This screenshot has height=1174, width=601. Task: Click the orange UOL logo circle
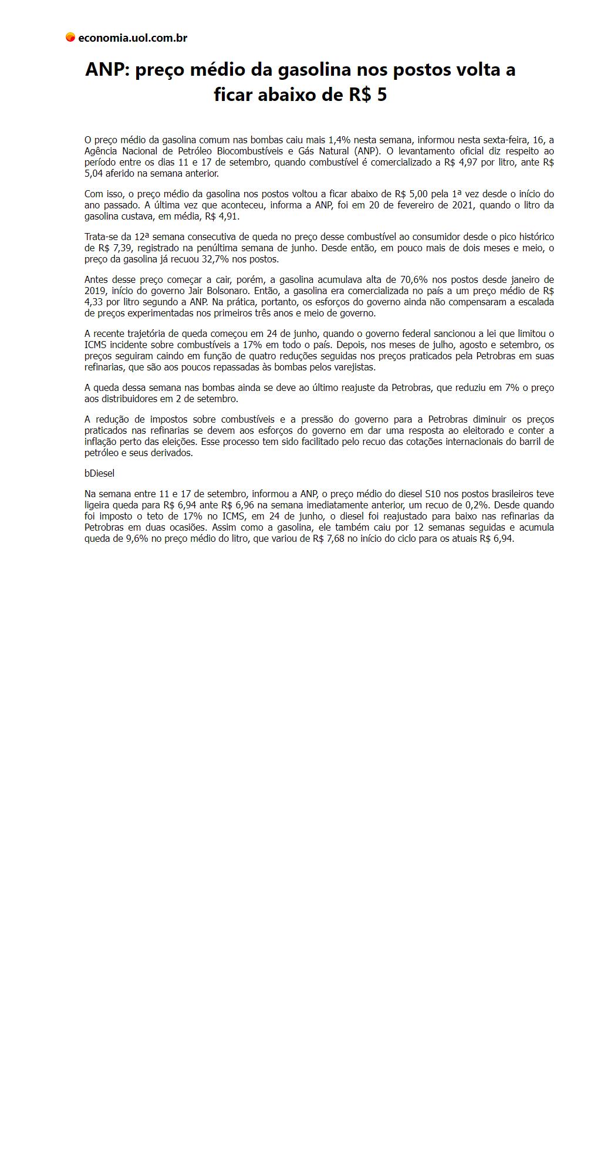tap(70, 38)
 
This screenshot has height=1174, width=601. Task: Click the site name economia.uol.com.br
tap(133, 38)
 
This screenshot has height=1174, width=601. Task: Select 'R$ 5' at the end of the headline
tap(368, 95)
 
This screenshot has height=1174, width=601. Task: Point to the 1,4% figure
tap(339, 140)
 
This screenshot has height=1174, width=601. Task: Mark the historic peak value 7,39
tap(121, 248)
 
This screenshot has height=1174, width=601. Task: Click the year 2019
tap(94, 291)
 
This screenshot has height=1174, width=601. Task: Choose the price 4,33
tap(94, 302)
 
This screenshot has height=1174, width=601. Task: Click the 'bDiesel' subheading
tap(99, 473)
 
